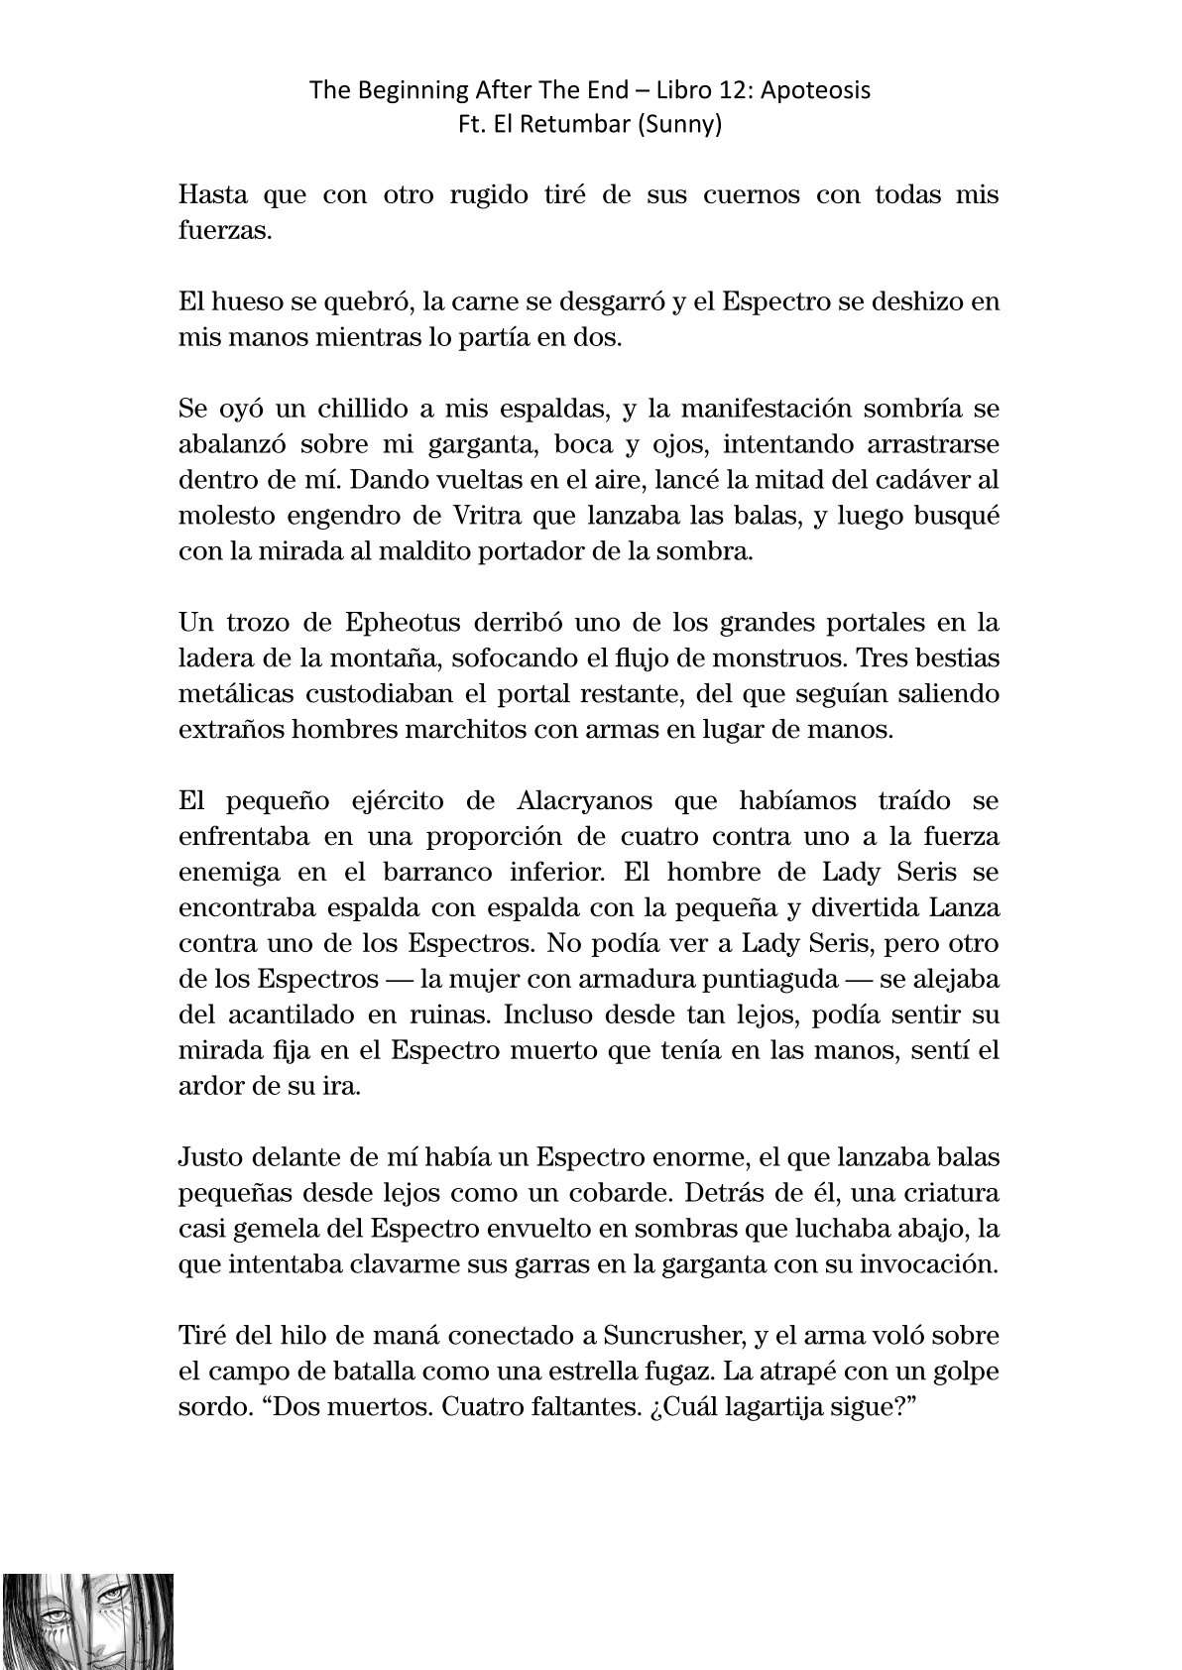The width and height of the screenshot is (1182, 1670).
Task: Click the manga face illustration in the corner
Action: pos(87,1620)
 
